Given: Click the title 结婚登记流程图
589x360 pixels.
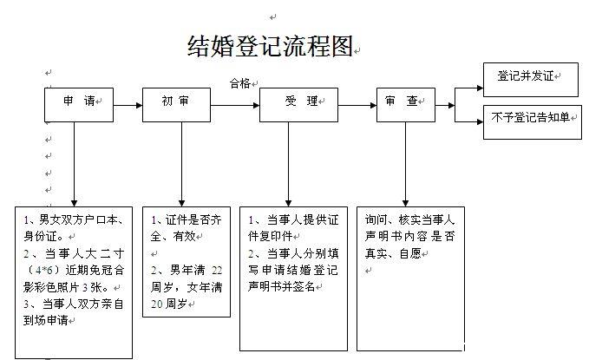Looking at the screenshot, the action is point(270,46).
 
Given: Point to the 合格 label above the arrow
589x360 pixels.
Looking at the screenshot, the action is point(240,83).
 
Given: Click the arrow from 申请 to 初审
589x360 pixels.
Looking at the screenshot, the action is point(128,105).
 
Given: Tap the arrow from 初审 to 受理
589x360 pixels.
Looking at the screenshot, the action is point(235,105).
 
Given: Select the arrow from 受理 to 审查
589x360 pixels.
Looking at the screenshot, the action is point(357,105).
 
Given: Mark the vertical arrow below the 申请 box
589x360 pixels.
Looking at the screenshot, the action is point(74,164).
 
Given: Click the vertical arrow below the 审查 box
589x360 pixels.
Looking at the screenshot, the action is point(405,164).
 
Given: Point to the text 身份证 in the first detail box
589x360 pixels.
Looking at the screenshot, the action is point(40,236).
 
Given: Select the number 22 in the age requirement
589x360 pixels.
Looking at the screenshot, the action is point(217,270).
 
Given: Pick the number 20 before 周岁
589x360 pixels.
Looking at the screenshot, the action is point(157,304).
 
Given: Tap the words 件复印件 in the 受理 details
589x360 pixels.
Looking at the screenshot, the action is point(270,236).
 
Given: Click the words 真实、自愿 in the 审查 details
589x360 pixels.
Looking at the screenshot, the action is point(393,253).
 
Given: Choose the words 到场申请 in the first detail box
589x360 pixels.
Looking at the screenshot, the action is point(46,320).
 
